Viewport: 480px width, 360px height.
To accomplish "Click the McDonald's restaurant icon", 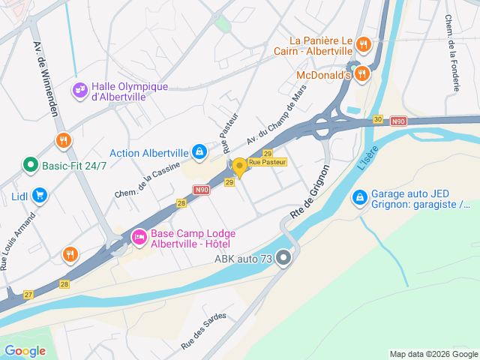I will pos(363,73).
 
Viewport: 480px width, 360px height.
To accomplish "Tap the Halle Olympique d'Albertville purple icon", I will pos(79,90).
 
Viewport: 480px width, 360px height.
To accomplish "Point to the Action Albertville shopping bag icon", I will pos(199,152).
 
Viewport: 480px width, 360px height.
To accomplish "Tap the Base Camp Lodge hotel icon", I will pos(139,237).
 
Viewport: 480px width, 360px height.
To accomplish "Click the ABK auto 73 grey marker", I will pos(283,259).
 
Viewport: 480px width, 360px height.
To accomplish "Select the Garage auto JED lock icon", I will pos(360,197).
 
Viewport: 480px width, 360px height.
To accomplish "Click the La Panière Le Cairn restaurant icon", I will pos(363,43).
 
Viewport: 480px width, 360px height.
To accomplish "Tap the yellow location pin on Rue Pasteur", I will pos(239,166).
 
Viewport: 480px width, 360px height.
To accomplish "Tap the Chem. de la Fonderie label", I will pos(452,52).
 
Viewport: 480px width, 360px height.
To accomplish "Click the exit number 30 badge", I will pos(378,119).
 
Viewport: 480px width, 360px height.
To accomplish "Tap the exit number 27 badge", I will pos(28,294).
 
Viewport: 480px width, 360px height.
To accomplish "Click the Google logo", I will pos(25,351).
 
